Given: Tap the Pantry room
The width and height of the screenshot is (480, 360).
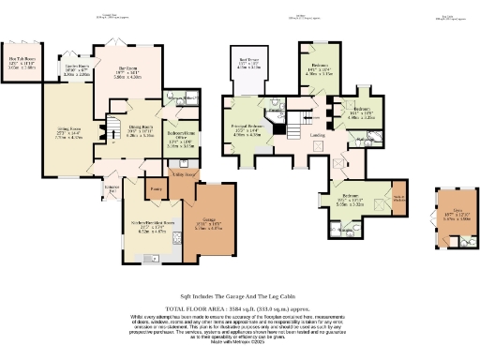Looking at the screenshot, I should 156,190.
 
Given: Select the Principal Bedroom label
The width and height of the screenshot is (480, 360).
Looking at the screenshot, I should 246,131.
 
